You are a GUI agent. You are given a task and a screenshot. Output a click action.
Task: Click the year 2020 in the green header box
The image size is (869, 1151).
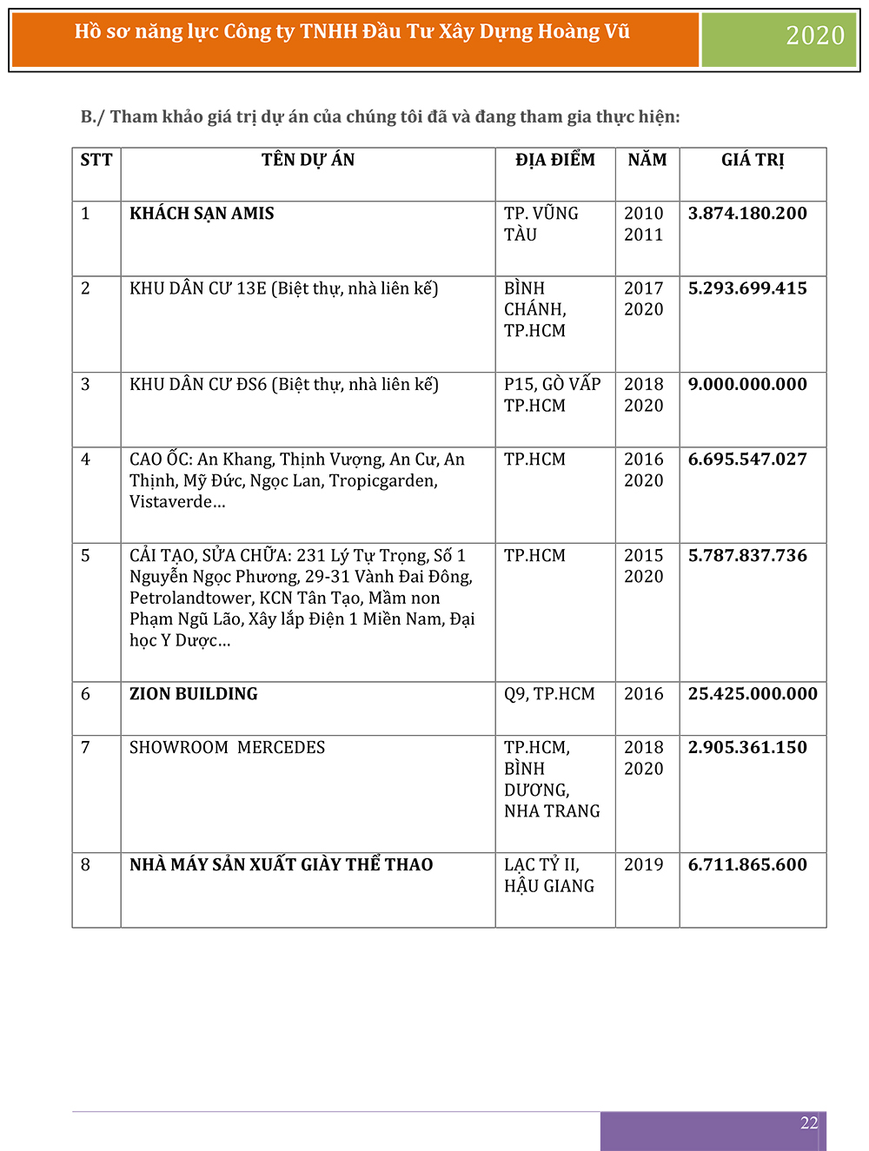click(x=814, y=36)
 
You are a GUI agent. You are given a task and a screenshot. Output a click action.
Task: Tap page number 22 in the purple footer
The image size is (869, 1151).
click(x=809, y=1123)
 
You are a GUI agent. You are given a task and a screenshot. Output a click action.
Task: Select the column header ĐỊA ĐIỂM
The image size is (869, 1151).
click(x=555, y=160)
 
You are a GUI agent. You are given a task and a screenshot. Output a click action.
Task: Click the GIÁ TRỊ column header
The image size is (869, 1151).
click(x=753, y=160)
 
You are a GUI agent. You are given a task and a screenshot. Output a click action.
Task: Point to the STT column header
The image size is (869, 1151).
click(x=96, y=160)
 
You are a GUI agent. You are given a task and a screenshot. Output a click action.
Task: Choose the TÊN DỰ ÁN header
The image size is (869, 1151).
click(x=308, y=160)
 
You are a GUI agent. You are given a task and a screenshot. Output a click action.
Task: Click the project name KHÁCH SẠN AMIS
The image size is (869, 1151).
click(x=202, y=214)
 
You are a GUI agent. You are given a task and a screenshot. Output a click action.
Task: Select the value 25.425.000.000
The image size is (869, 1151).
click(x=753, y=694)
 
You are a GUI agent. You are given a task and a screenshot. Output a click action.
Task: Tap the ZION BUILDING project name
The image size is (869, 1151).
click(x=194, y=694)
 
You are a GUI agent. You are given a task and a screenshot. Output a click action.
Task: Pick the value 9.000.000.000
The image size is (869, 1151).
click(x=747, y=384)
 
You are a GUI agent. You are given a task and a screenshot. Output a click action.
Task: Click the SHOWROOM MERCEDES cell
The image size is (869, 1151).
click(x=227, y=748)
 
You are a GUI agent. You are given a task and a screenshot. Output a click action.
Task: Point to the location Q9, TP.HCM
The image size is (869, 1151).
click(x=549, y=694)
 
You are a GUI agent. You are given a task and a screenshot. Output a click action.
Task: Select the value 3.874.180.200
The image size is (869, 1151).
click(x=747, y=214)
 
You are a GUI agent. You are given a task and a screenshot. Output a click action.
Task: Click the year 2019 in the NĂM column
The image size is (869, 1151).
click(x=643, y=865)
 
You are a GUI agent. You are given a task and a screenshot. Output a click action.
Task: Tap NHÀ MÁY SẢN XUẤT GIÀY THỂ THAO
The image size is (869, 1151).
click(x=281, y=865)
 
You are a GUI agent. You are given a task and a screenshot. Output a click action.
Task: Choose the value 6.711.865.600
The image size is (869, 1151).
click(x=747, y=865)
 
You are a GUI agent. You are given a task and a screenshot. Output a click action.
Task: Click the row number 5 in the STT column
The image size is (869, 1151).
click(x=85, y=556)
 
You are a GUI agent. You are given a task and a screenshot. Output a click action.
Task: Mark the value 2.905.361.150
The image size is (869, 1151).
click(x=747, y=748)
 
